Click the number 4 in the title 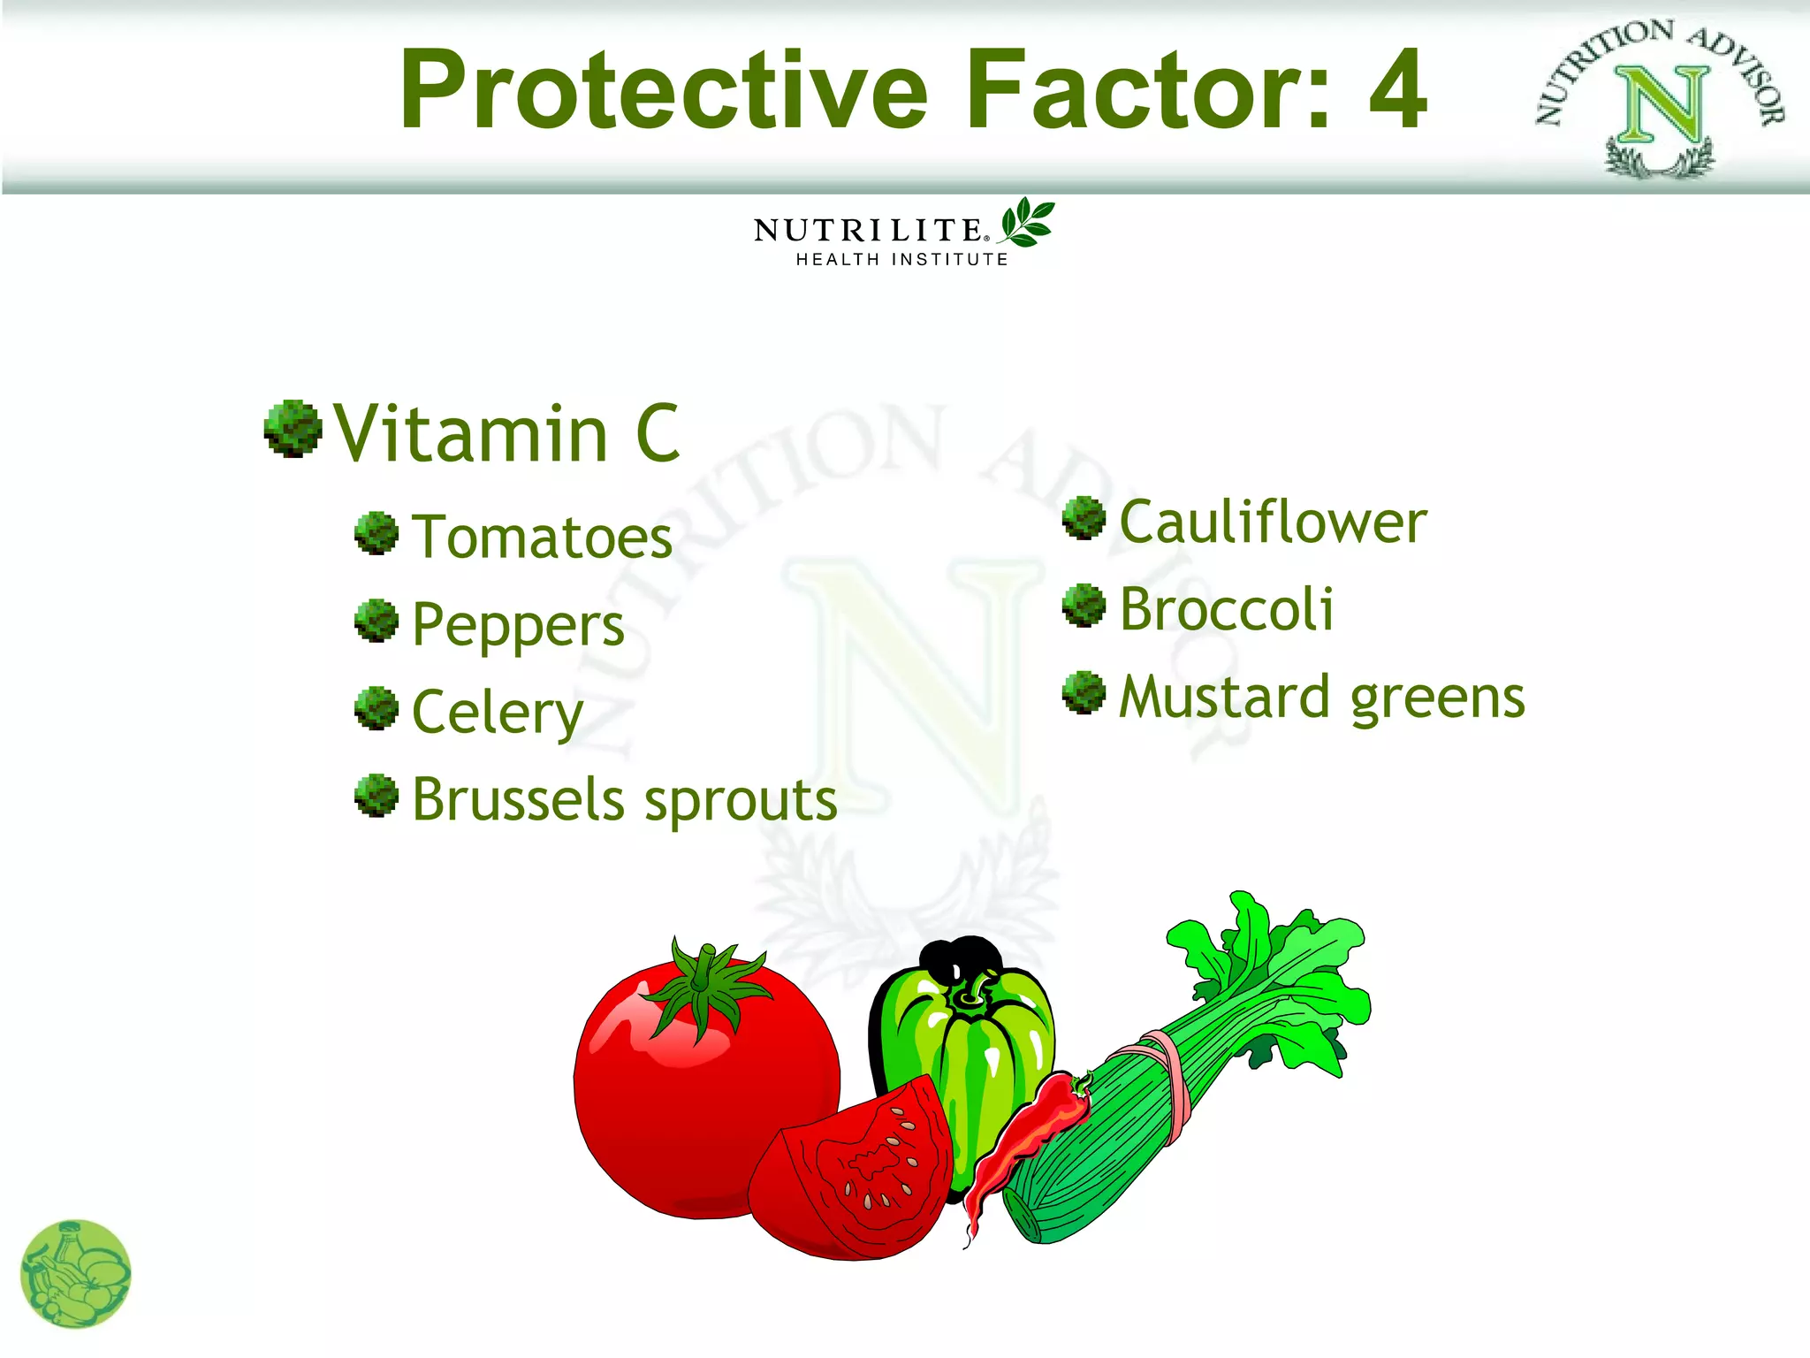point(1397,90)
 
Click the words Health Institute point(901,259)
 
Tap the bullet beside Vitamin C point(292,430)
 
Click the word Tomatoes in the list point(542,538)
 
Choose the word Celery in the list point(497,713)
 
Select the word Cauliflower point(1273,522)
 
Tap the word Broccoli point(1227,610)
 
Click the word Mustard point(1224,697)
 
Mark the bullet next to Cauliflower point(1084,518)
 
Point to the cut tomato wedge point(853,1167)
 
